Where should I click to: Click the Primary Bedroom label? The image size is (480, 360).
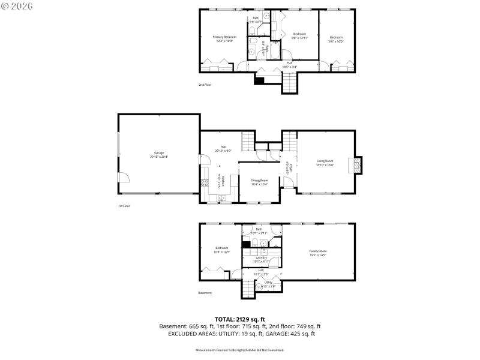[225, 38]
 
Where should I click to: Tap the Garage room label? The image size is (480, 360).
[159, 154]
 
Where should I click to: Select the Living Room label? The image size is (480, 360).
[325, 162]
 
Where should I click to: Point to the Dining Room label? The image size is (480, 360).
[259, 181]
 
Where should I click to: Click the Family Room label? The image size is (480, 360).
[317, 253]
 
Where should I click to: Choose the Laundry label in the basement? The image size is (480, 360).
[260, 259]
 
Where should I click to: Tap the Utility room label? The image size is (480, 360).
[268, 284]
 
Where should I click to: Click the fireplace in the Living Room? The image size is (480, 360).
[358, 165]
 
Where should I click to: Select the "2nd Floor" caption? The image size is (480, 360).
[205, 85]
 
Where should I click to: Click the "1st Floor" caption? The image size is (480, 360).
[124, 206]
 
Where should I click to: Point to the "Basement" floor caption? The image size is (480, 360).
[205, 293]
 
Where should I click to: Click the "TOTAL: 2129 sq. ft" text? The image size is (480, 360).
[240, 319]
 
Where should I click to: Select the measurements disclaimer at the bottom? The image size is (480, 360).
[240, 350]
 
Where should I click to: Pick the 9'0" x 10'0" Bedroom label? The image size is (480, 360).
[336, 39]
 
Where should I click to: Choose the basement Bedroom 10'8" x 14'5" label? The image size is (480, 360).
[222, 250]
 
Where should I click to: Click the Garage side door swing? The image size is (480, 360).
[123, 177]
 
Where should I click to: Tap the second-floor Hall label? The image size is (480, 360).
[289, 64]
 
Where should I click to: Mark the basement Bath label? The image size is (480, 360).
[259, 230]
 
